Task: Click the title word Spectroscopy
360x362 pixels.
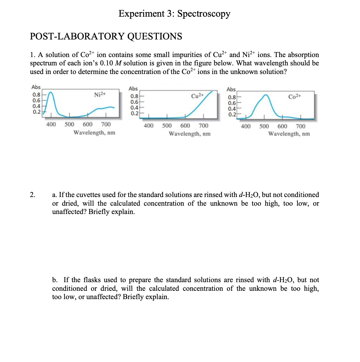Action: [204, 14]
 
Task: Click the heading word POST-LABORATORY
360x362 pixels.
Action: [77, 36]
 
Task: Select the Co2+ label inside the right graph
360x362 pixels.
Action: [295, 97]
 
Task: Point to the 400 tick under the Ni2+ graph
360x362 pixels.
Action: [51, 124]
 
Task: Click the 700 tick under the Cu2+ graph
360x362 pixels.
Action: [203, 125]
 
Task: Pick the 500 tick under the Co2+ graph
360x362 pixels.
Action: [264, 126]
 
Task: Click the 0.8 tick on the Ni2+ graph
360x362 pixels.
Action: [36, 95]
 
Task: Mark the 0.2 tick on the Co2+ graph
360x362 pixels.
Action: [232, 114]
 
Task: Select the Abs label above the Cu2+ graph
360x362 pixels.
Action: [133, 88]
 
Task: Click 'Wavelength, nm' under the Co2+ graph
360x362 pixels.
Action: [289, 134]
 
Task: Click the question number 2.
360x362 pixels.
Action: [32, 195]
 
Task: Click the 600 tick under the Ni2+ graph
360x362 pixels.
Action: [88, 124]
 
